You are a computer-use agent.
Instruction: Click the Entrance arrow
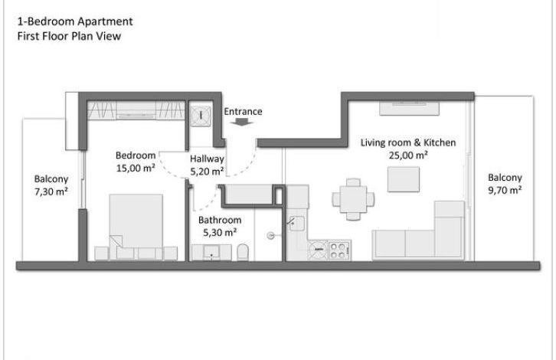click(243, 122)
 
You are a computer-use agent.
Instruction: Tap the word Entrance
click(243, 111)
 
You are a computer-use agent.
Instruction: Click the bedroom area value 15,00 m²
click(136, 168)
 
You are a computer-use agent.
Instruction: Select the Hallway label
click(207, 159)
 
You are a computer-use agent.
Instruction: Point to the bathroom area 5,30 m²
click(220, 232)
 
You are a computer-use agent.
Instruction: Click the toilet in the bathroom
click(243, 252)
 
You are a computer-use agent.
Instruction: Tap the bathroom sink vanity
click(211, 253)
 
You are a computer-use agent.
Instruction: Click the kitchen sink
click(297, 224)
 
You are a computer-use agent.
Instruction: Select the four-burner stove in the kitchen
click(338, 250)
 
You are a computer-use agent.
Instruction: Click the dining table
click(353, 199)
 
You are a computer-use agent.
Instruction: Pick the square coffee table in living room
click(404, 179)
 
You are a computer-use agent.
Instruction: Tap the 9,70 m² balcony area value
click(505, 190)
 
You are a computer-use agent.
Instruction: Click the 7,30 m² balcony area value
click(51, 191)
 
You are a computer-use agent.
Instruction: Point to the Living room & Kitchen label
click(408, 142)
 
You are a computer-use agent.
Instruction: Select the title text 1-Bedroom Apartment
click(75, 21)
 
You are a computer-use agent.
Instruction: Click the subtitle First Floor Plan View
click(69, 36)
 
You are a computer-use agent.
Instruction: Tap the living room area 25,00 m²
click(408, 155)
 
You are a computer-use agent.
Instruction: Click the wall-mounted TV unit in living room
click(409, 108)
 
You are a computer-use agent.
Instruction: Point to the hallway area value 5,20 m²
click(207, 172)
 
